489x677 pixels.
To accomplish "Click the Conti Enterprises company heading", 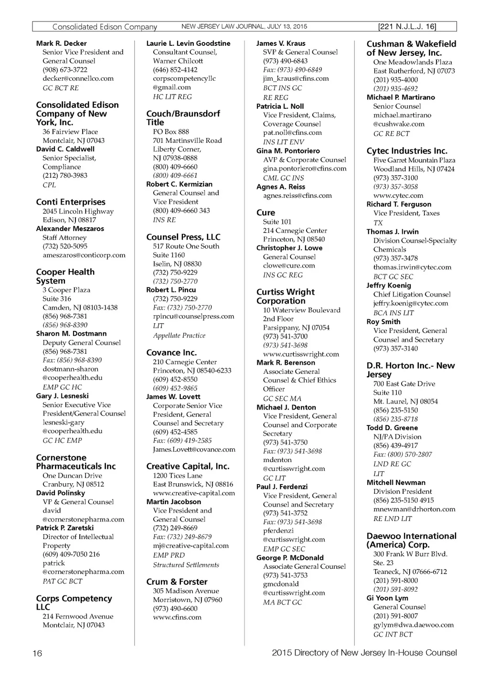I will coord(71,202).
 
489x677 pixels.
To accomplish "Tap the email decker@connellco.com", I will coord(78,78).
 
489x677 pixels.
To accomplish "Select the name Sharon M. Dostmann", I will coord(71,334).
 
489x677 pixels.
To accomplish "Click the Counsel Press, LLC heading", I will coord(183,237).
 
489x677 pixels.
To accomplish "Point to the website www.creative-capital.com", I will coord(194,493).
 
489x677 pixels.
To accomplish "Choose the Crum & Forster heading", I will coord(177,582).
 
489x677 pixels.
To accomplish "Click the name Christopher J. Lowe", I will coord(289,248).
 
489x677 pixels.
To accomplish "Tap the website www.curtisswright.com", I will coord(301,354).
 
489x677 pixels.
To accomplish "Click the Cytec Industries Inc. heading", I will coord(407,151).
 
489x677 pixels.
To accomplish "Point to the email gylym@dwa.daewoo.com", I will coord(414,625).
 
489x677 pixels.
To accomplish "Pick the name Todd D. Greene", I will coord(392,428).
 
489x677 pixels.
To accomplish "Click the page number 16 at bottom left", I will coord(37,653).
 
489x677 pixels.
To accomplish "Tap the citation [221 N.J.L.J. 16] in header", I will coord(407,27).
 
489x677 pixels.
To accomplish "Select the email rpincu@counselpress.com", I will coord(193,316).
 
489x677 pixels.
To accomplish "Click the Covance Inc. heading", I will coord(171,352).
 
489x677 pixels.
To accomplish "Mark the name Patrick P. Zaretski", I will coord(65,528).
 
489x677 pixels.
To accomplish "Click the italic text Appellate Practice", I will coord(179,336).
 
